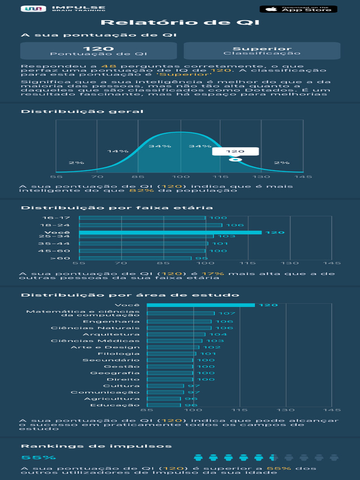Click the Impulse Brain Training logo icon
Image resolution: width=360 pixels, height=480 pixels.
pyautogui.click(x=33, y=9)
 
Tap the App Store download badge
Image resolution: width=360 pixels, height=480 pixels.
pyautogui.click(x=298, y=9)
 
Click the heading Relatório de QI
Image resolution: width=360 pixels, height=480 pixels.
pyautogui.click(x=180, y=23)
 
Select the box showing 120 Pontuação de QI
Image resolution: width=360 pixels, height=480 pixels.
pyautogui.click(x=98, y=51)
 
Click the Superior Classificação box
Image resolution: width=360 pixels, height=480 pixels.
pyautogui.click(x=262, y=51)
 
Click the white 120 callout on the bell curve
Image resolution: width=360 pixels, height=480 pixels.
pyautogui.click(x=235, y=151)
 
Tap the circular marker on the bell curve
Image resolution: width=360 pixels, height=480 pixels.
pyautogui.click(x=235, y=160)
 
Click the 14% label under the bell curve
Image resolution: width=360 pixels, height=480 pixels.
pyautogui.click(x=118, y=151)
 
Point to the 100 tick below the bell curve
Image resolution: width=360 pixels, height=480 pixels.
pyautogui.click(x=180, y=177)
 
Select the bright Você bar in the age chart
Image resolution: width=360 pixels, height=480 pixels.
pyautogui.click(x=170, y=232)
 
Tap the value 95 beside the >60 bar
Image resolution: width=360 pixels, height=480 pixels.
pyautogui.click(x=202, y=258)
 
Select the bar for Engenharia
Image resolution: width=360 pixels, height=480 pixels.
pyautogui.click(x=179, y=322)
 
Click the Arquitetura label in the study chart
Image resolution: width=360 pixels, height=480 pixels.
pyautogui.click(x=111, y=334)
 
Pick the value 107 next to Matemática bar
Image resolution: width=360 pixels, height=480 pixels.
pyautogui.click(x=227, y=313)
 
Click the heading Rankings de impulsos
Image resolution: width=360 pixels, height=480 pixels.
pyautogui.click(x=96, y=446)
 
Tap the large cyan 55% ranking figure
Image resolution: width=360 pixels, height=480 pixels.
pyautogui.click(x=38, y=457)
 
